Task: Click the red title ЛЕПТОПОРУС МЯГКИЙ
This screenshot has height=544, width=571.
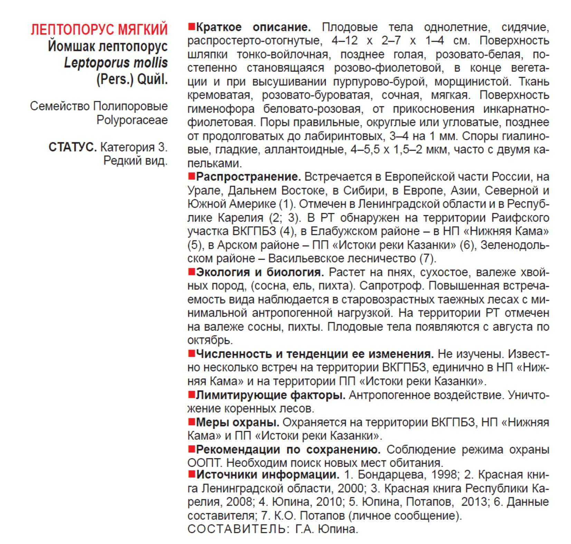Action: pos(99,30)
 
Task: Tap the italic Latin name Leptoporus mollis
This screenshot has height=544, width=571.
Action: pos(116,63)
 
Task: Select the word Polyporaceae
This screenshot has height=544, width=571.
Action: pos(132,120)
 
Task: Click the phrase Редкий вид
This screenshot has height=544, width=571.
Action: pos(135,161)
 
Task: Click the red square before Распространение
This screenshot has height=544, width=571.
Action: pos(191,176)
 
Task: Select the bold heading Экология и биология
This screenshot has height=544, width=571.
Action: pos(260,272)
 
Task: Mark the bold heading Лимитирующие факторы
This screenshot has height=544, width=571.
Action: pos(270,395)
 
